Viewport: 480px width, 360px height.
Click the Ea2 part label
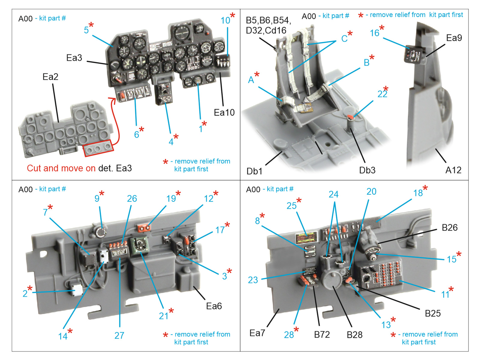(50, 77)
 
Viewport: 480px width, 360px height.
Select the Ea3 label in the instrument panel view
(74, 58)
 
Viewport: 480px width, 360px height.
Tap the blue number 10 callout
(225, 20)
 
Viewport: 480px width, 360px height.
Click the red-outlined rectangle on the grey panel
(98, 148)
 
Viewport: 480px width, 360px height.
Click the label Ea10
(224, 112)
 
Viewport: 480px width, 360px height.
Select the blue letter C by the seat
(344, 38)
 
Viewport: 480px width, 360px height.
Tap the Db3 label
(367, 170)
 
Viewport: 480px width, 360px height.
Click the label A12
(453, 170)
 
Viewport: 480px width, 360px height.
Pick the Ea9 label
(454, 38)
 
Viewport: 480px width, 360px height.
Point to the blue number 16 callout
(374, 33)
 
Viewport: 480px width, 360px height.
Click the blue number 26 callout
(132, 199)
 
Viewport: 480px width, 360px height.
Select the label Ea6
(214, 306)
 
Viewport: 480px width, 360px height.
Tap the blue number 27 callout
(119, 335)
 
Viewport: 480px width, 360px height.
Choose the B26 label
(449, 228)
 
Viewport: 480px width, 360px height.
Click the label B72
(322, 334)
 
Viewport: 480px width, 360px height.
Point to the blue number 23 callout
(253, 280)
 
